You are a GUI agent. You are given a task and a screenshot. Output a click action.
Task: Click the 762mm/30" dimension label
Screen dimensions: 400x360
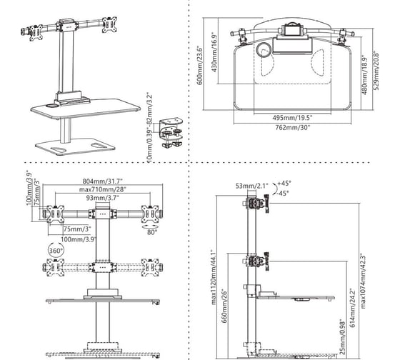(x=292, y=127)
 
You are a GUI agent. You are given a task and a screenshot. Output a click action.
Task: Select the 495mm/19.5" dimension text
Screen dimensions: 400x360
(x=292, y=118)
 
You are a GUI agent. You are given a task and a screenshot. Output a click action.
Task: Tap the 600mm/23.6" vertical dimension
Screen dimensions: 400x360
(x=200, y=65)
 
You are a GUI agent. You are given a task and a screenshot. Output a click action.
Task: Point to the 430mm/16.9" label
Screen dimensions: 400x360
(x=214, y=52)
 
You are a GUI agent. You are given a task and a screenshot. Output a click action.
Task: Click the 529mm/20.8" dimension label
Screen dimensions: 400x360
(x=376, y=71)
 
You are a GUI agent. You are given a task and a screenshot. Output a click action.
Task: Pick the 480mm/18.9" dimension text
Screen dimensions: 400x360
(x=364, y=75)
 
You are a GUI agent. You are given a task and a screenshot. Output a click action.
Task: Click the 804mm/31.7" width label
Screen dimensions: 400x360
(x=103, y=181)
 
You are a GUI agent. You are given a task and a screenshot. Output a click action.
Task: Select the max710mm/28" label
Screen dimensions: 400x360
(x=103, y=189)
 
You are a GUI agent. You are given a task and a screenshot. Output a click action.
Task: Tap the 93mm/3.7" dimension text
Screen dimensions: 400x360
(x=103, y=197)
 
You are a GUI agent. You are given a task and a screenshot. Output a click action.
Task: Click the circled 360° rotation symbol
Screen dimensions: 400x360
(x=56, y=251)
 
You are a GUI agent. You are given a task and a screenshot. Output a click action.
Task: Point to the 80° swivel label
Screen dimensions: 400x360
(x=152, y=232)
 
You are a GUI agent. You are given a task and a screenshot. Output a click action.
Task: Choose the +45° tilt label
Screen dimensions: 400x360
(x=284, y=183)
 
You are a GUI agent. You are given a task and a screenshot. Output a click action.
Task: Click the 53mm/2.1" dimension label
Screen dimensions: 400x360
(x=252, y=186)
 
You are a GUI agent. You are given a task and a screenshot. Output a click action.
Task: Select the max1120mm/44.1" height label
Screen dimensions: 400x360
(x=214, y=277)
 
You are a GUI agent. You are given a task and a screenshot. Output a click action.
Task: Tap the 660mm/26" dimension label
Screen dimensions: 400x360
(x=224, y=306)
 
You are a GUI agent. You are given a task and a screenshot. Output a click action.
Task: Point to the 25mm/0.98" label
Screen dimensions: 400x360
(x=342, y=336)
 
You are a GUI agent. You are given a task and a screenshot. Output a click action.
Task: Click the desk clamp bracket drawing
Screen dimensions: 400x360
(x=171, y=132)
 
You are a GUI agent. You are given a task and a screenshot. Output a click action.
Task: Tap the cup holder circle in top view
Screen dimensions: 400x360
(x=264, y=50)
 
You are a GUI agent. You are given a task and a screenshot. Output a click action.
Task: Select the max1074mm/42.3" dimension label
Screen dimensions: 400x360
(x=364, y=281)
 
